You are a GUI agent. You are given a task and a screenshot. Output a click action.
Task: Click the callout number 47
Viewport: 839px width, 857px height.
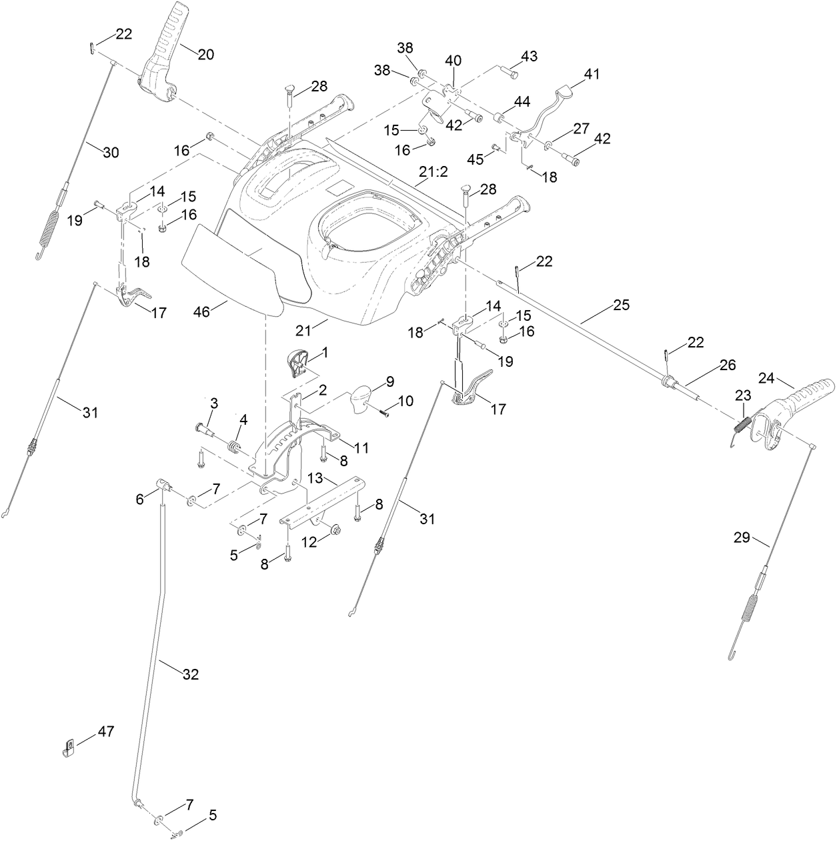pos(106,732)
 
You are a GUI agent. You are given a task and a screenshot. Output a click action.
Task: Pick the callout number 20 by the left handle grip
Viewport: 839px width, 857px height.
pos(205,55)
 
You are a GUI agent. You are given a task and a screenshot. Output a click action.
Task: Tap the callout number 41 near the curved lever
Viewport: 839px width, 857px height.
pos(592,74)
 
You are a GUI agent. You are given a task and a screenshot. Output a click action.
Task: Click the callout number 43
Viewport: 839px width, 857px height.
pos(529,56)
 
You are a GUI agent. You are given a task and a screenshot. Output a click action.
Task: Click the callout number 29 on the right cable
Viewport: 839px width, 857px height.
pos(742,536)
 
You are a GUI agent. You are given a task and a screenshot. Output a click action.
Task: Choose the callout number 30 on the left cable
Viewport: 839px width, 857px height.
pos(111,152)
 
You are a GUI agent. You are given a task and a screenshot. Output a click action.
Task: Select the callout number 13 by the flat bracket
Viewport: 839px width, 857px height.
pos(315,478)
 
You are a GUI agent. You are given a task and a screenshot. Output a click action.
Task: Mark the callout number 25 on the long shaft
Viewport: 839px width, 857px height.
pos(620,306)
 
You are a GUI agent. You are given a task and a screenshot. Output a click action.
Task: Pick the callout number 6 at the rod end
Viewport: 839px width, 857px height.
pos(139,499)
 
